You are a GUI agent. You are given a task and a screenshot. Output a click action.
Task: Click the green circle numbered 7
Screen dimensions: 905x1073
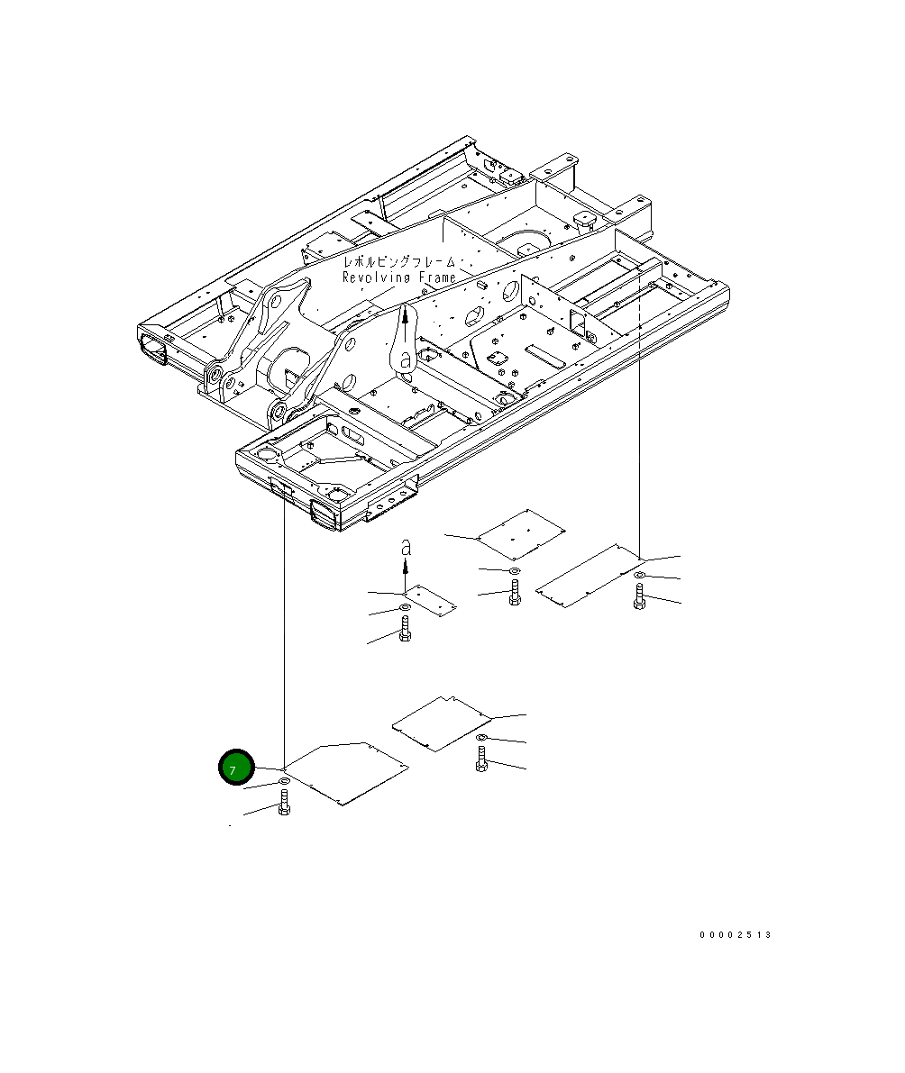tap(236, 767)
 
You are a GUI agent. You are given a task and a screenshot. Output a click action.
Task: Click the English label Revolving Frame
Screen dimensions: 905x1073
tap(399, 277)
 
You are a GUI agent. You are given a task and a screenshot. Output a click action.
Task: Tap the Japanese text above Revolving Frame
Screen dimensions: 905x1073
tap(399, 261)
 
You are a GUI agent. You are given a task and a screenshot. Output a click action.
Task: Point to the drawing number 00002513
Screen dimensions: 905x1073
tap(736, 935)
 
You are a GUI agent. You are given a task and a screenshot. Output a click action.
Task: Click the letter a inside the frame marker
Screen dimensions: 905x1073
tap(406, 359)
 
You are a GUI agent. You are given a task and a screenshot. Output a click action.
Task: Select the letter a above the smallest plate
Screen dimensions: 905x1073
tap(406, 548)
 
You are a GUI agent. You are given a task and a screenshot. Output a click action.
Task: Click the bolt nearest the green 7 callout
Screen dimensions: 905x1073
tap(284, 801)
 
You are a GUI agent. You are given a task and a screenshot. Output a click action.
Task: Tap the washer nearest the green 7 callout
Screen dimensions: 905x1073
tap(284, 781)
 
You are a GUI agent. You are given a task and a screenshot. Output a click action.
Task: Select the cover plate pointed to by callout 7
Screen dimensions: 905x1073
tap(346, 773)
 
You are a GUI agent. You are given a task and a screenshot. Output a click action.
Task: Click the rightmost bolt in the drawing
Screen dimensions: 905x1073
tap(639, 596)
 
